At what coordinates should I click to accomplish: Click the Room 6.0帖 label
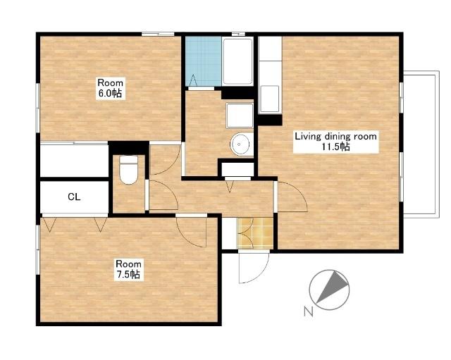click(111, 88)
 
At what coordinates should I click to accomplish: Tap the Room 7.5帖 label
click(128, 269)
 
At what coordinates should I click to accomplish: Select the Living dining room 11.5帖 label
click(335, 142)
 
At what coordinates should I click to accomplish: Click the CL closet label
click(74, 197)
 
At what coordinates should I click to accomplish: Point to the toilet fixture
click(128, 170)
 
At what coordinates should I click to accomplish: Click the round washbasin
click(240, 144)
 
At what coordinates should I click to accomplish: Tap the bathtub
click(237, 61)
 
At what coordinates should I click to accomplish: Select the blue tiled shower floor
click(204, 61)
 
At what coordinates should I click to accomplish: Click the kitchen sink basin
click(269, 99)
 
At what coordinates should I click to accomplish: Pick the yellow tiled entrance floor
click(255, 233)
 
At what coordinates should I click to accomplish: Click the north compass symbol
click(329, 290)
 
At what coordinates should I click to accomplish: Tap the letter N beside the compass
click(309, 311)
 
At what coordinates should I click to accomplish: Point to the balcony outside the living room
click(421, 144)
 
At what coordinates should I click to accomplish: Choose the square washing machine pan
click(240, 115)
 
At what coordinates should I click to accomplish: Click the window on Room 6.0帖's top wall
click(158, 35)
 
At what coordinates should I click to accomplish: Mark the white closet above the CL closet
click(74, 161)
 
